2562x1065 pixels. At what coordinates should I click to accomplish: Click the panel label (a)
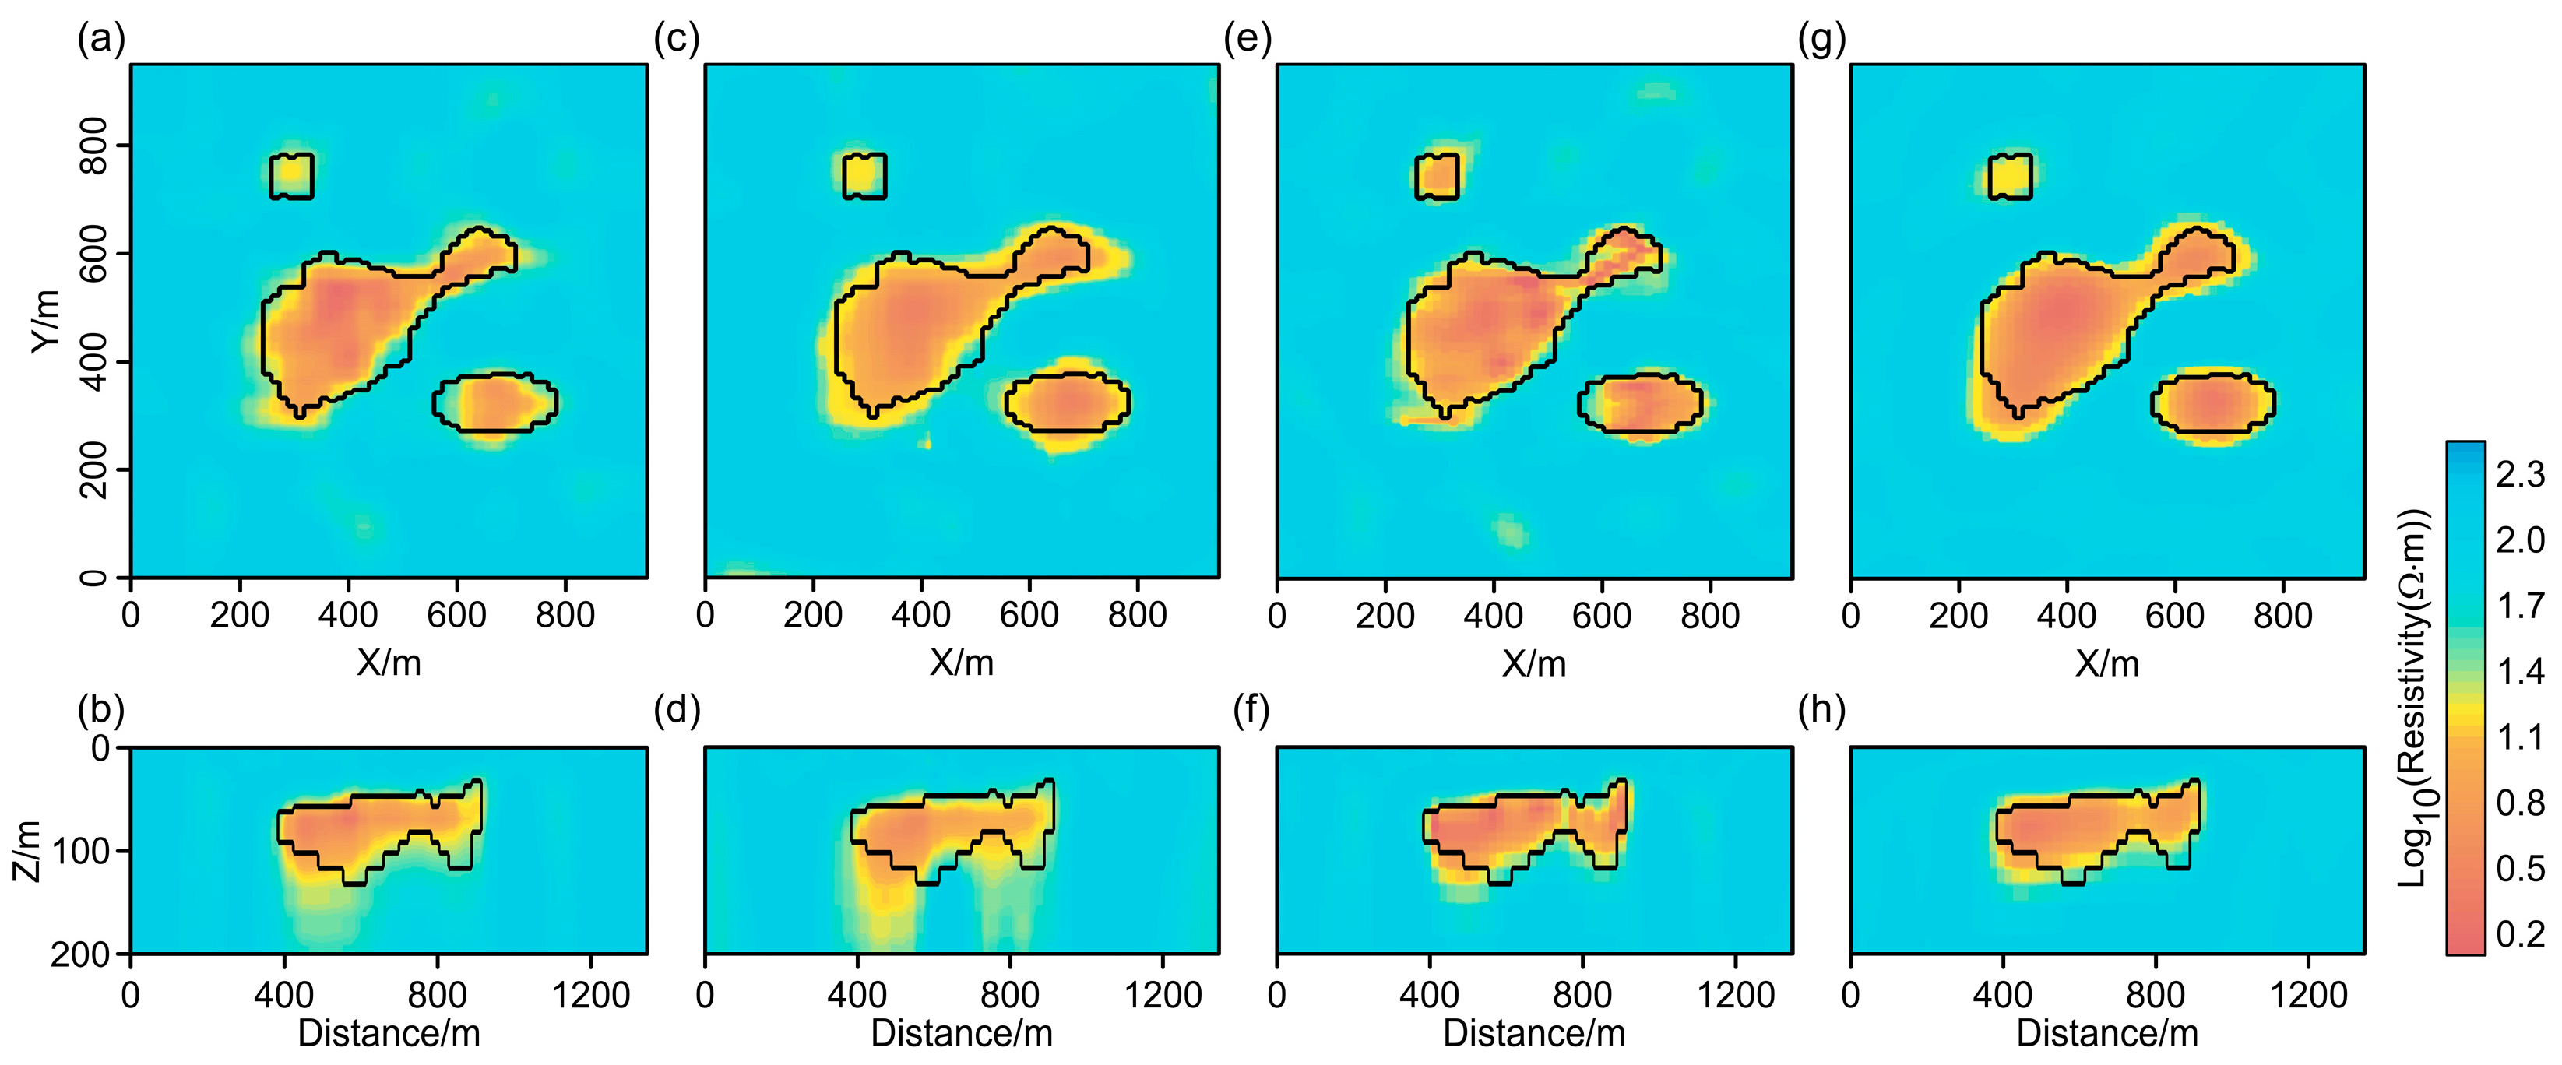point(100,40)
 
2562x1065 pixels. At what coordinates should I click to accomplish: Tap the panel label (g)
point(1821,40)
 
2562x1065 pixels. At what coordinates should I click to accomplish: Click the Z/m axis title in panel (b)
point(28,851)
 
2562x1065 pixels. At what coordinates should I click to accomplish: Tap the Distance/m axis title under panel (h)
point(2106,1034)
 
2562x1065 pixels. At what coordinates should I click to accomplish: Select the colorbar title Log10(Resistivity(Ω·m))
point(2414,696)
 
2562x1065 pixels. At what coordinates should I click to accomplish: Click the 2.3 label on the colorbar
point(2519,474)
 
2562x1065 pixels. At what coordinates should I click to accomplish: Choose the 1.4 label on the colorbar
point(2519,671)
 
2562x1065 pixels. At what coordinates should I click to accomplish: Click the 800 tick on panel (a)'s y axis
point(93,145)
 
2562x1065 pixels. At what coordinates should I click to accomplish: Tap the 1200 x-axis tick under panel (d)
point(1163,994)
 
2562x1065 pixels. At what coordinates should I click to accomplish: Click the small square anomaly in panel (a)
point(291,176)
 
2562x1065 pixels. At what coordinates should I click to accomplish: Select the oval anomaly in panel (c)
point(1067,402)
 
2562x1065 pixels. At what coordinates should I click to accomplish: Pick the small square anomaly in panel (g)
point(2010,176)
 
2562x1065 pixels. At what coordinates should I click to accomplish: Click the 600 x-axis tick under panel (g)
point(2174,616)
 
